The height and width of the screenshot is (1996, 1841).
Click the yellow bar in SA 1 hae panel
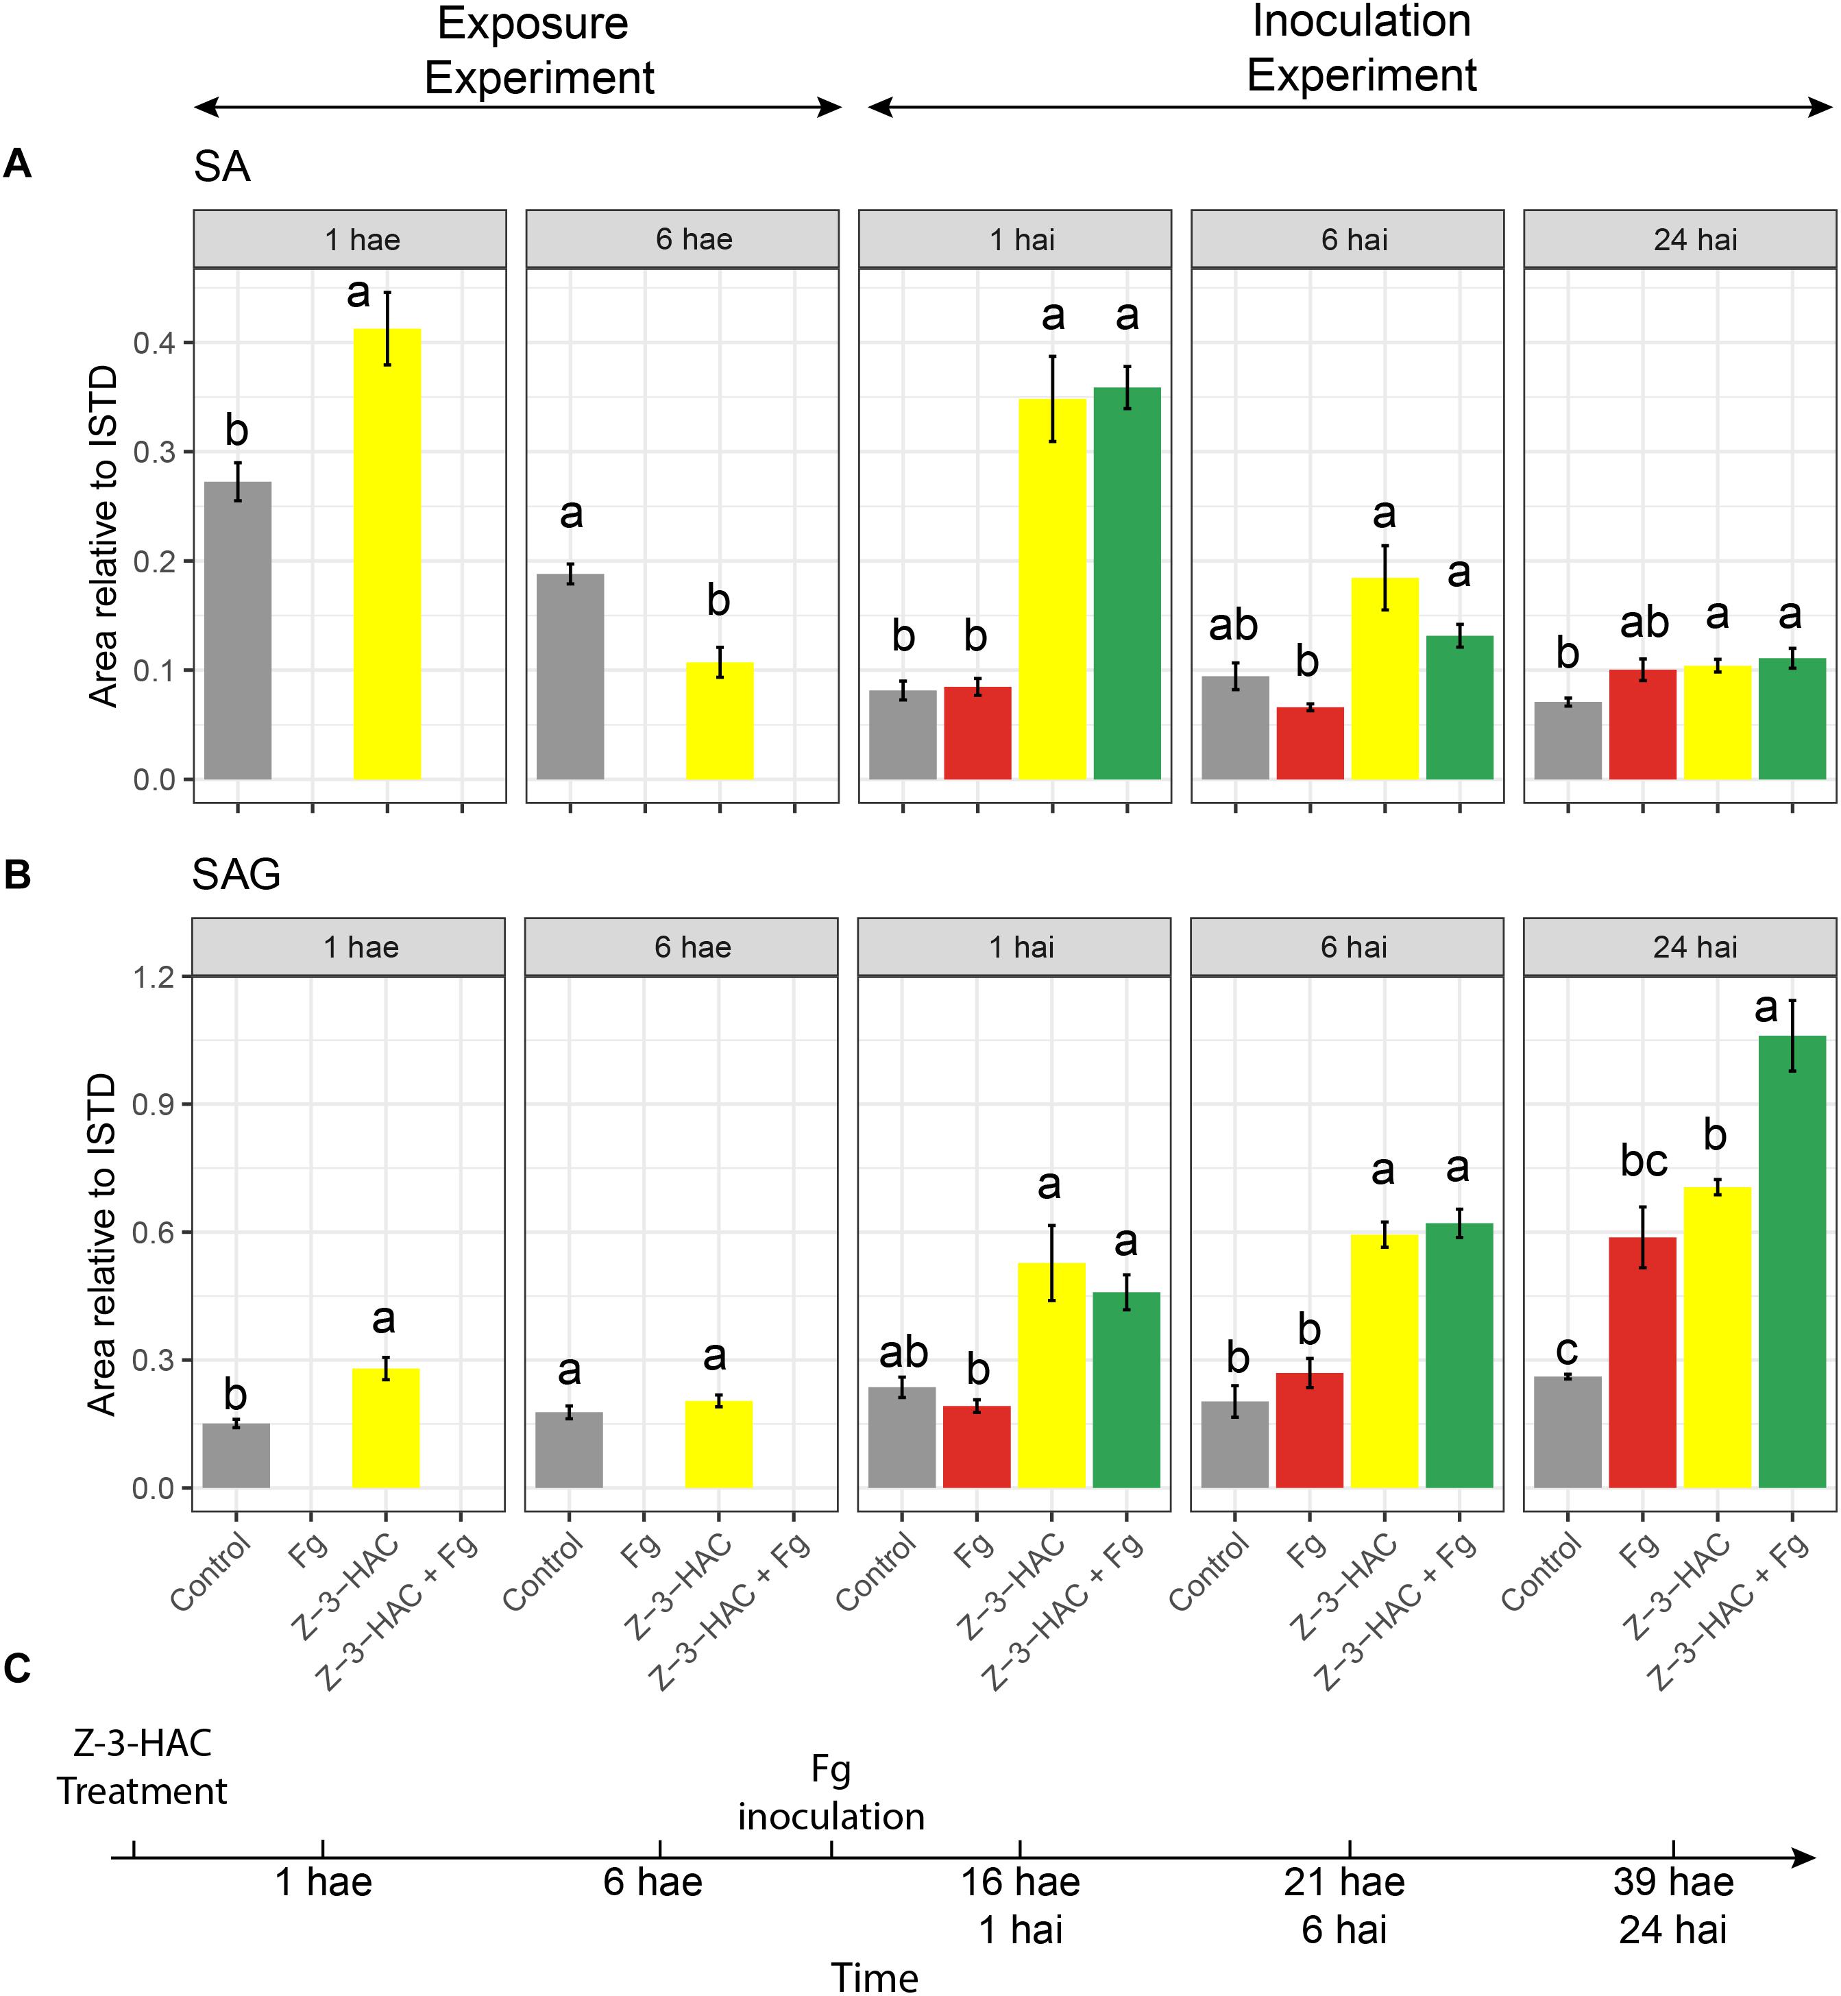pos(387,554)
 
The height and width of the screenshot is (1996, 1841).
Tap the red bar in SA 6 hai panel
pos(1309,743)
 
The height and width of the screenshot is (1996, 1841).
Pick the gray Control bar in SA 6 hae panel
pos(570,677)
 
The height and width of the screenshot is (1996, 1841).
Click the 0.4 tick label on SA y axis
pos(154,343)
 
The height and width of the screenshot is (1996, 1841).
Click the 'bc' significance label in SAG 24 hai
pos(1643,1161)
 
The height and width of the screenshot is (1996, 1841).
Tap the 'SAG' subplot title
pos(236,875)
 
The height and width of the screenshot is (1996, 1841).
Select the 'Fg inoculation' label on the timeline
pos(831,1793)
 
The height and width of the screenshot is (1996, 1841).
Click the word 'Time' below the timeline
pos(874,1976)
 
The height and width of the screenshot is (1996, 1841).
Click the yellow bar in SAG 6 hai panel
pos(1384,1361)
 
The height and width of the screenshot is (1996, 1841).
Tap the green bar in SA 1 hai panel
pos(1127,584)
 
